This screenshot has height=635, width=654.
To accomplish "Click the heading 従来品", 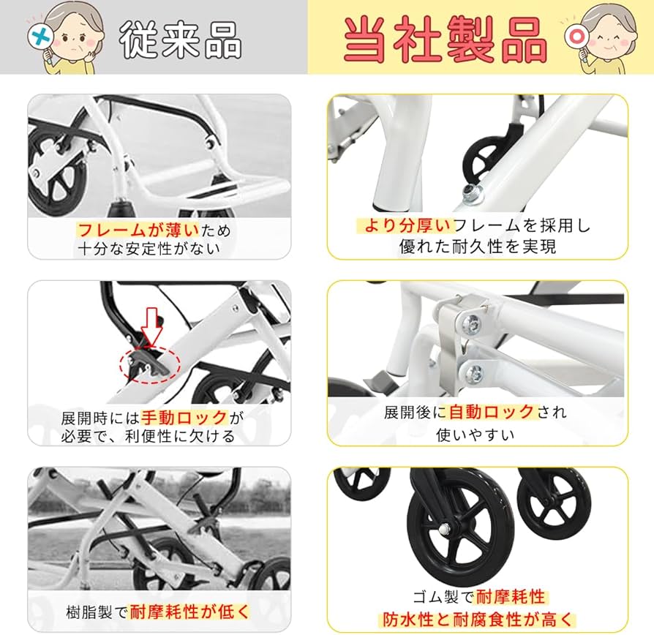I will [180, 38].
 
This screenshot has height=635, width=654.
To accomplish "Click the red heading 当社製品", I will [446, 38].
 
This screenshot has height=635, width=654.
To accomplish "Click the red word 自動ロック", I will [492, 412].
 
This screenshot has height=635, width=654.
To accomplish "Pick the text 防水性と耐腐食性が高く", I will [476, 618].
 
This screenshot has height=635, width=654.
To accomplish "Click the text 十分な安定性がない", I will [149, 249].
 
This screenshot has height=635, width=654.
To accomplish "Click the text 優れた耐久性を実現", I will [477, 246].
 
